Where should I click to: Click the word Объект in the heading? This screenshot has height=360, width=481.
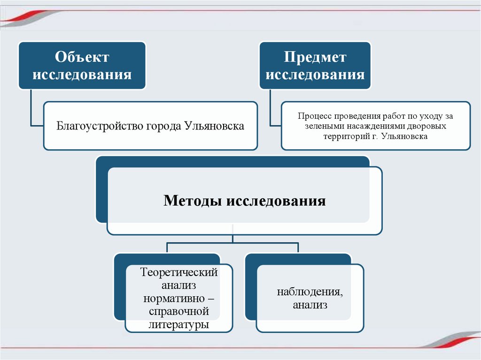click(x=82, y=57)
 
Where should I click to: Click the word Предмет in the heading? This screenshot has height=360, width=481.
click(x=315, y=57)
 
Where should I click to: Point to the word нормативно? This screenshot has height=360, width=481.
click(x=173, y=299)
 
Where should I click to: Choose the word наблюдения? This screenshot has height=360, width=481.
click(x=310, y=292)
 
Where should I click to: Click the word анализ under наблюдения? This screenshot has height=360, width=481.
click(x=310, y=305)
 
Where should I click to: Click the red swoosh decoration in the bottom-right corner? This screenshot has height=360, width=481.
click(x=451, y=341)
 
